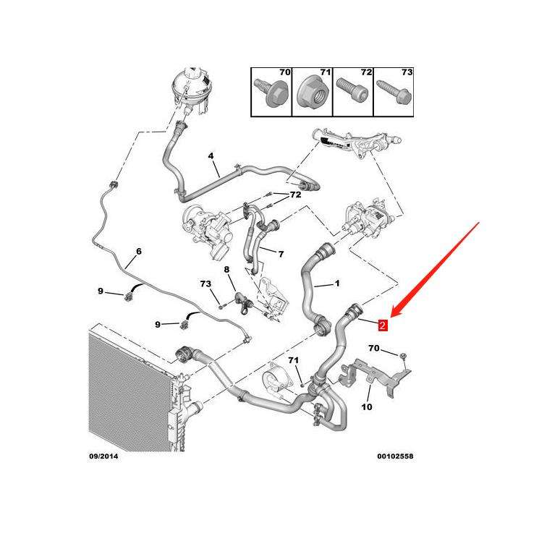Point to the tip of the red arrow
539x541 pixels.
point(391,316)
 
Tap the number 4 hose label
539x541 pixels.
point(211,156)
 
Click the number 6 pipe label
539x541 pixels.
point(138,252)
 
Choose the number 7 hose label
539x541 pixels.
point(281,254)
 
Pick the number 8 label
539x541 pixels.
point(226,270)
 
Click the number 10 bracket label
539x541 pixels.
point(366,407)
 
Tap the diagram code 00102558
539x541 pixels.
point(396,456)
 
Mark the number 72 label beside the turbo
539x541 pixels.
point(296,195)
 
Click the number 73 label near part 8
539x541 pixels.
point(206,284)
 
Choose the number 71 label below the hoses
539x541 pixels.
point(293,360)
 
